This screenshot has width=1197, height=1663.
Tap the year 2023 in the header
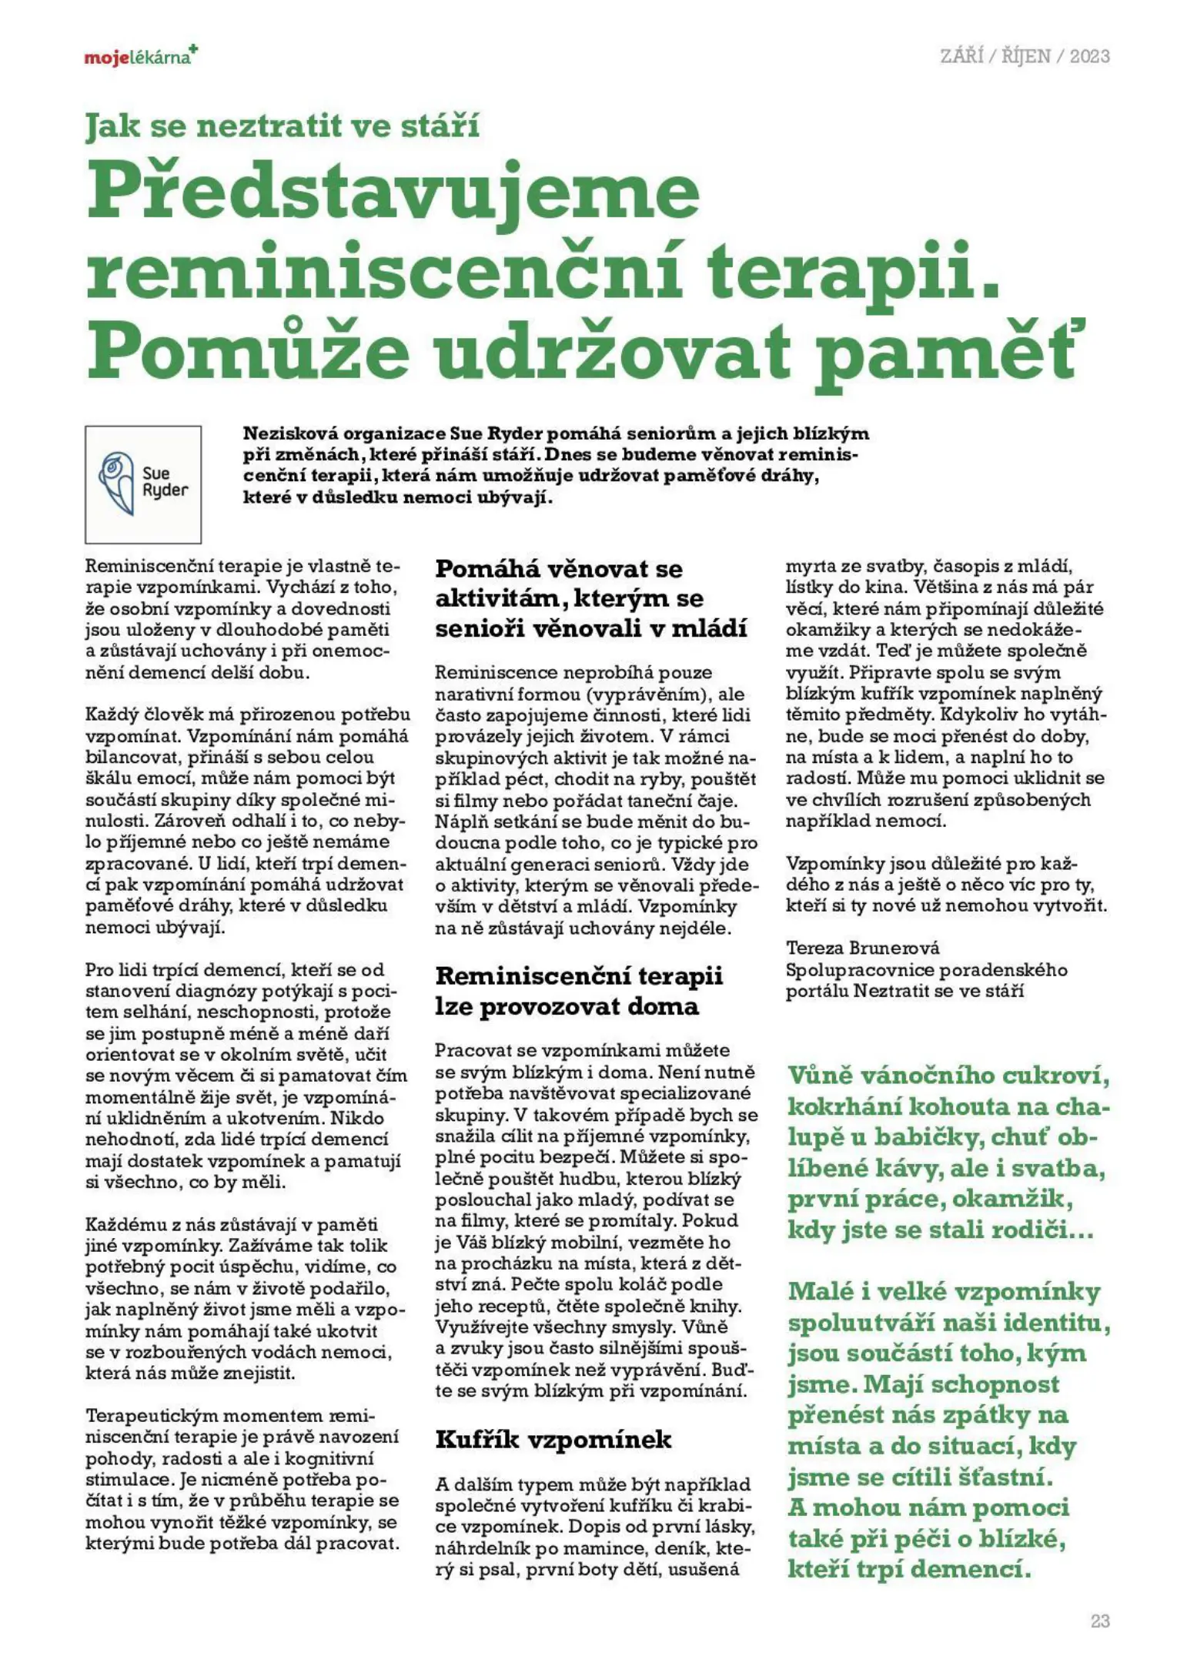(1088, 56)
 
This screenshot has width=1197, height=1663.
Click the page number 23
(1099, 1621)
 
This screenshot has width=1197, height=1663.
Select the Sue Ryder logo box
(143, 484)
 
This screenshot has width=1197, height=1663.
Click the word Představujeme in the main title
(393, 192)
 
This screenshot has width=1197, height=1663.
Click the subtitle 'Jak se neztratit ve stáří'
(283, 125)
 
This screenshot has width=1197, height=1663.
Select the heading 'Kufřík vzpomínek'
(553, 1439)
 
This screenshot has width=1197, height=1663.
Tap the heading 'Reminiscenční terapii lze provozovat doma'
(578, 991)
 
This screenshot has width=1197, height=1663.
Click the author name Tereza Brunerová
(862, 948)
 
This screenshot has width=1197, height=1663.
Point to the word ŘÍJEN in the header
(1025, 56)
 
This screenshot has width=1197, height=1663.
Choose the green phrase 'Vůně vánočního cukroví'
(948, 1076)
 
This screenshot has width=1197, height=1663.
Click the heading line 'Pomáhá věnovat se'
(559, 569)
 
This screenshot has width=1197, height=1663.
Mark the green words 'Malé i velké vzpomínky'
(944, 1291)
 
